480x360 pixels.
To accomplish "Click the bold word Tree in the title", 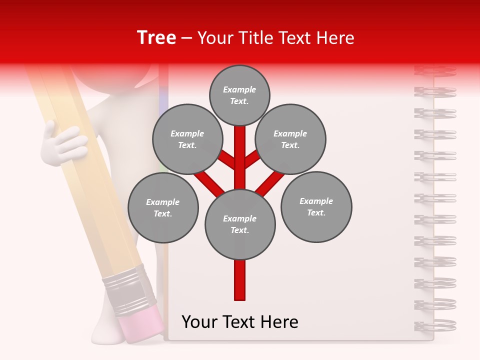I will click(156, 37).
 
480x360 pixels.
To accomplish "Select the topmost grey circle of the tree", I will click(239, 95).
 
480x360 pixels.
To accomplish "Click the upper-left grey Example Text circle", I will click(187, 139).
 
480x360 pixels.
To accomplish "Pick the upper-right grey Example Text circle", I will click(290, 139).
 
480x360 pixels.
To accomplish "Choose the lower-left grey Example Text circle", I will click(163, 207).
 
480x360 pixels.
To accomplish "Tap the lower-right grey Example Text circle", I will click(316, 206).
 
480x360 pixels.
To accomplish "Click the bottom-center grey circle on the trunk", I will click(240, 224).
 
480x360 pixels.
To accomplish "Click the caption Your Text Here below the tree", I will click(240, 322).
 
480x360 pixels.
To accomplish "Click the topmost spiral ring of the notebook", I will click(435, 70).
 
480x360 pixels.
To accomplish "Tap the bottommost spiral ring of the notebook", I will click(435, 325).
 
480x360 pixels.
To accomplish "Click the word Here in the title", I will click(335, 37).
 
